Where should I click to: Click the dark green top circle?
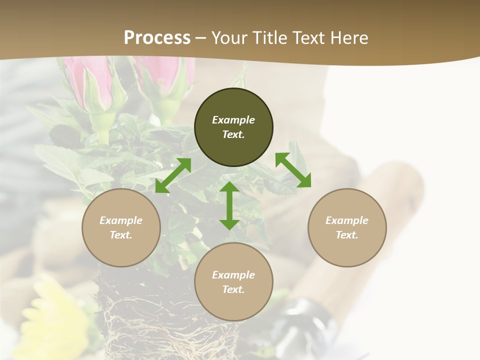pyautogui.click(x=233, y=127)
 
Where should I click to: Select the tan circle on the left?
pyautogui.click(x=121, y=227)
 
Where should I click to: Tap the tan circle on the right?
pyautogui.click(x=347, y=227)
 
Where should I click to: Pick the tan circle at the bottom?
pyautogui.click(x=233, y=282)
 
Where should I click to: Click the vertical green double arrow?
pyautogui.click(x=229, y=205)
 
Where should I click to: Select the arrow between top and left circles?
pyautogui.click(x=173, y=175)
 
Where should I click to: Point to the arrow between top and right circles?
pyautogui.click(x=293, y=170)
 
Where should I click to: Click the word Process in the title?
pyautogui.click(x=157, y=38)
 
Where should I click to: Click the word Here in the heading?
pyautogui.click(x=348, y=38)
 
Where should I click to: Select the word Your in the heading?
pyautogui.click(x=228, y=38)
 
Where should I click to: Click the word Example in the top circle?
pyautogui.click(x=233, y=120)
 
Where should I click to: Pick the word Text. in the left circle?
pyautogui.click(x=121, y=235)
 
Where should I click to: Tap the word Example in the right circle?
pyautogui.click(x=347, y=220)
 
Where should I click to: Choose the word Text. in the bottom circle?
pyautogui.click(x=233, y=289)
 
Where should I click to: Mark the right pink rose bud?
pyautogui.click(x=162, y=75)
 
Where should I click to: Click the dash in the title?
pyautogui.click(x=201, y=38)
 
